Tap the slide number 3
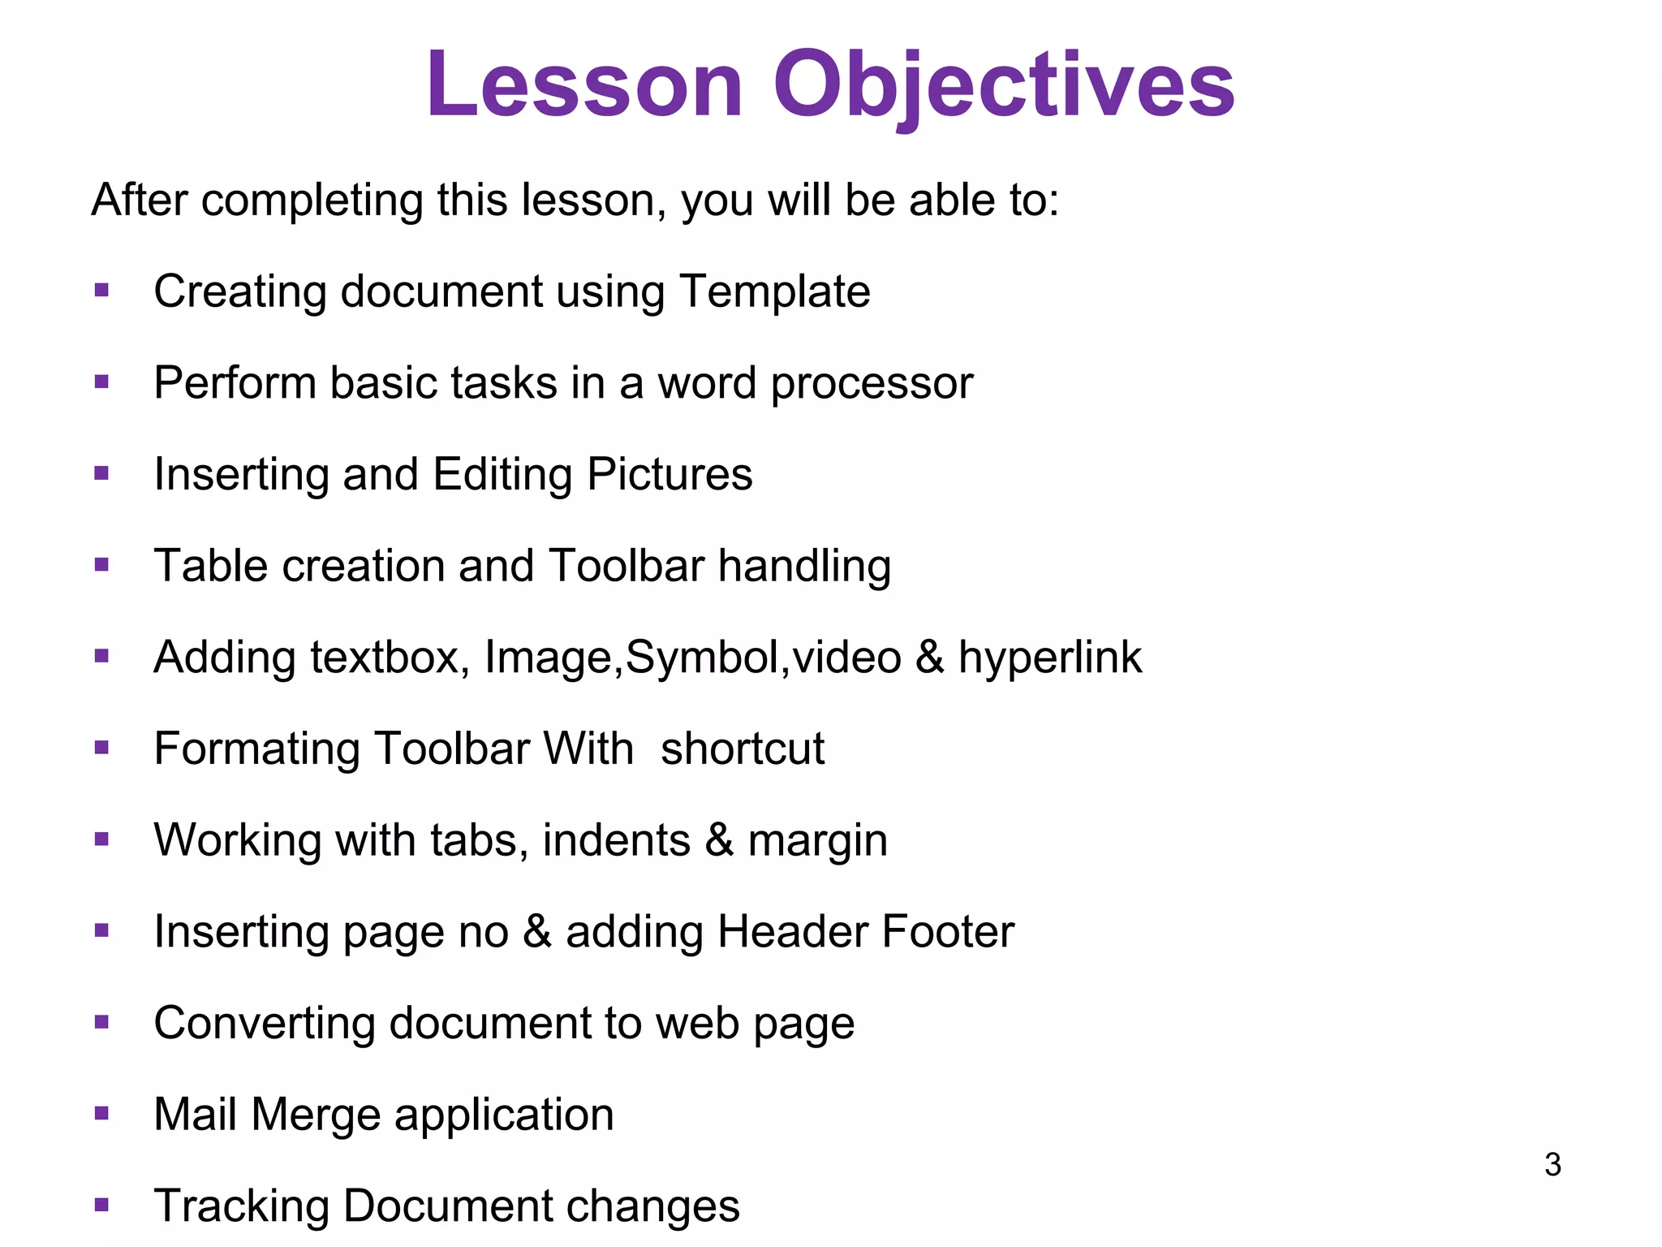coord(1552,1165)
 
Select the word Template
coord(775,291)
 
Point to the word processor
coord(872,384)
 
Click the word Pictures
coord(670,474)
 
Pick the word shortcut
coord(742,749)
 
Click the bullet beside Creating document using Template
coord(101,291)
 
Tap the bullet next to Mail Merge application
coord(101,1113)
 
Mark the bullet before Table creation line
coord(101,565)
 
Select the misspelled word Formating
coord(256,749)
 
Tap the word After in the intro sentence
coord(139,200)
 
